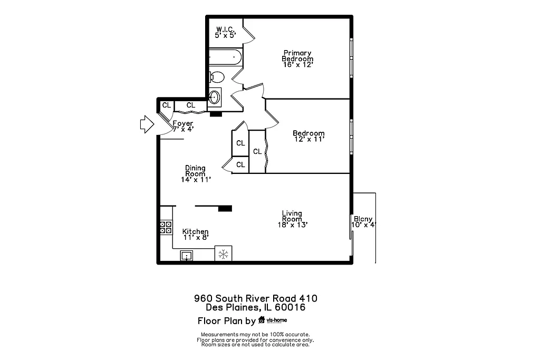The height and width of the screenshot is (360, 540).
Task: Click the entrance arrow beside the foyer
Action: tap(145, 124)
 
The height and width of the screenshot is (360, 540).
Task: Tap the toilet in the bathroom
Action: tap(217, 77)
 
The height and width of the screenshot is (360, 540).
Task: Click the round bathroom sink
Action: tap(215, 97)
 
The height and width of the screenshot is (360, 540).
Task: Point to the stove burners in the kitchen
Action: tap(166, 227)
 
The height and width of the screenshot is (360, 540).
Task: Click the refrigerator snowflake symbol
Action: tap(224, 255)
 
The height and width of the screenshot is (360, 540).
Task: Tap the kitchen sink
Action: tap(187, 256)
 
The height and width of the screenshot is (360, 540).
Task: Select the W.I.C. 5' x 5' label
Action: tap(225, 32)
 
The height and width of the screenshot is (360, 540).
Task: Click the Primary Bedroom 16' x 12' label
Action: tap(297, 59)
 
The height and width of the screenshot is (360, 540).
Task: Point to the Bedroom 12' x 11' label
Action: tap(308, 137)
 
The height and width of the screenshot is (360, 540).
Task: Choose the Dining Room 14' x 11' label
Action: tap(195, 174)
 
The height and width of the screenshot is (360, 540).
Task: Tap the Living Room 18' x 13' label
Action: tap(292, 219)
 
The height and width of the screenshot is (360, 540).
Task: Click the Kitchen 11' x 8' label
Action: tap(195, 235)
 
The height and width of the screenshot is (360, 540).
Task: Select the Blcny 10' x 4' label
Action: tap(363, 222)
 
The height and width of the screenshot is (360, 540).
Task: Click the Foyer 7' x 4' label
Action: tap(182, 127)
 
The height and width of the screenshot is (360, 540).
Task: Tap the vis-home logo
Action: tap(273, 320)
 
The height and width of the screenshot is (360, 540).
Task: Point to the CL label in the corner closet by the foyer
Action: tap(166, 105)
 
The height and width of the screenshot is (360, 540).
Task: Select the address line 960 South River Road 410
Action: tap(255, 298)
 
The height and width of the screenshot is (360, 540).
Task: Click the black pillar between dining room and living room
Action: tap(225, 208)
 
